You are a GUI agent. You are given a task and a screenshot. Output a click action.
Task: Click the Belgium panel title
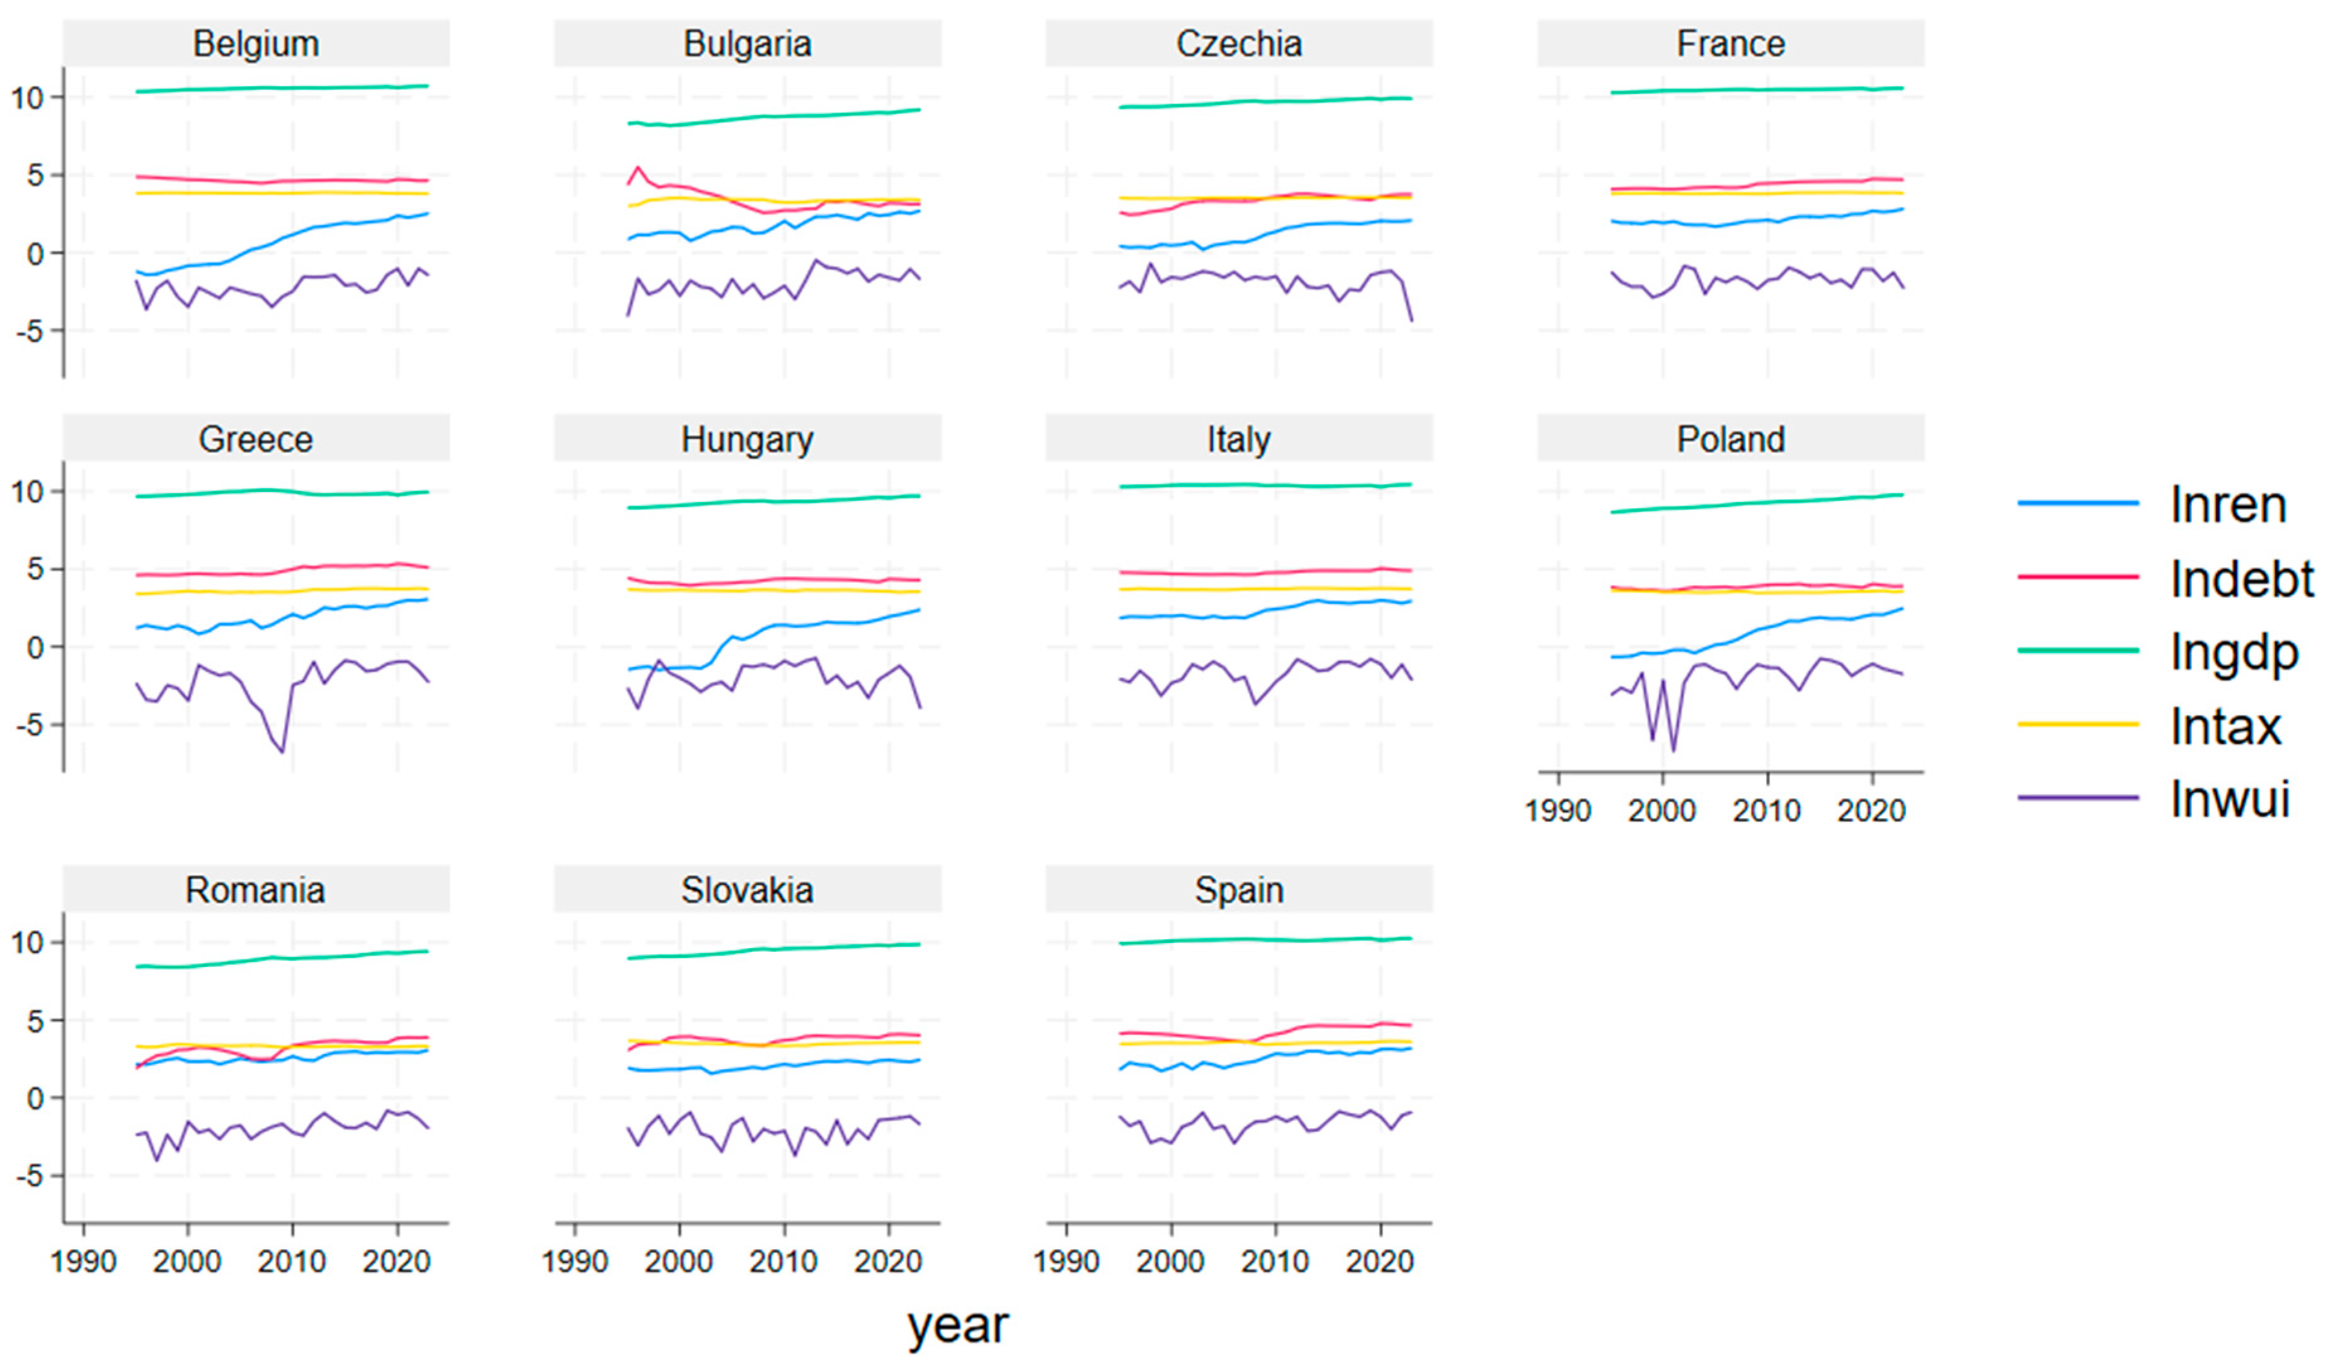pos(256,43)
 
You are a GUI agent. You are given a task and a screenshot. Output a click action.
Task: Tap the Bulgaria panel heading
pos(748,43)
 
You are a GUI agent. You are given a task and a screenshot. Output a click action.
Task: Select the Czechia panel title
pos(1239,43)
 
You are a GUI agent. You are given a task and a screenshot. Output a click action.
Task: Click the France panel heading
pos(1730,43)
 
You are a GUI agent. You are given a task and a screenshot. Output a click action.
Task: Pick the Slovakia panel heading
pos(748,890)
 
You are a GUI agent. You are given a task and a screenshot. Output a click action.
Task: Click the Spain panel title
pos(1239,890)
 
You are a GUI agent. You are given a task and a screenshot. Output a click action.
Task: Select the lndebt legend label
pos(2241,578)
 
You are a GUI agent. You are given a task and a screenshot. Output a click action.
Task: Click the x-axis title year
pos(958,1325)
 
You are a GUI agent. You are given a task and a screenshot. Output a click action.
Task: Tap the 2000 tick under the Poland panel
pos(1662,811)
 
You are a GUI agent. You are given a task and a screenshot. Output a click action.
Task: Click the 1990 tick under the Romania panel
pos(83,1262)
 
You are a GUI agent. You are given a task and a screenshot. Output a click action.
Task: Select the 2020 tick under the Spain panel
pos(1379,1262)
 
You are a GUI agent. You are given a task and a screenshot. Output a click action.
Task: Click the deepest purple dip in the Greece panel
pos(283,751)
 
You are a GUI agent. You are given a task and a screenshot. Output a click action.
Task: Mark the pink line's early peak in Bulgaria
pos(637,168)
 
